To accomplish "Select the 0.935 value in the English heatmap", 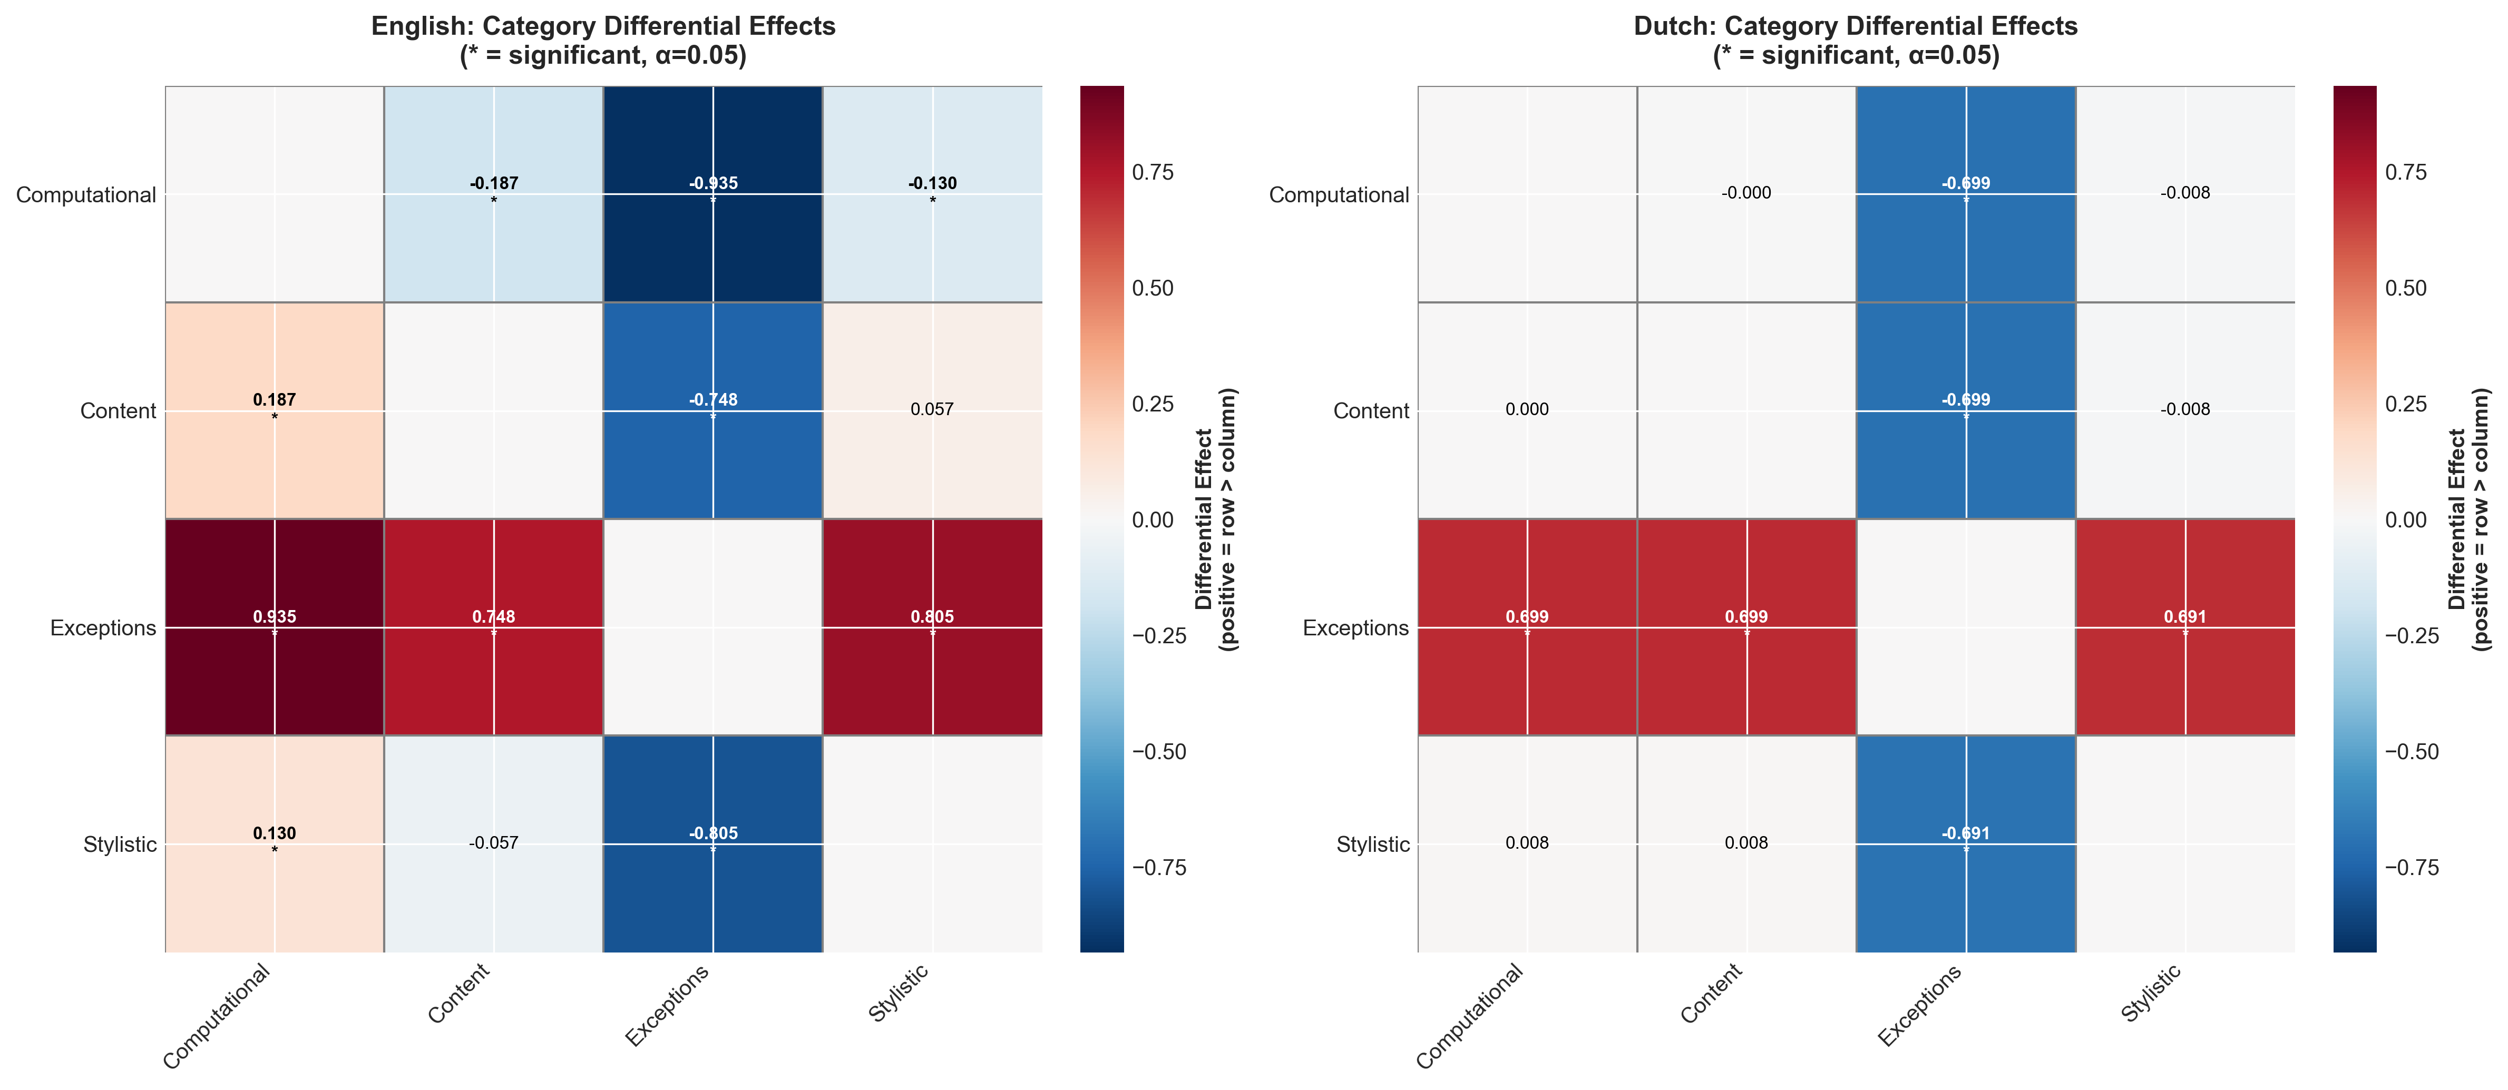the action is (x=275, y=617).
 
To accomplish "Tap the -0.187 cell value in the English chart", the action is (x=494, y=183).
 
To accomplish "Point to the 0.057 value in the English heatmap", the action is (x=932, y=409).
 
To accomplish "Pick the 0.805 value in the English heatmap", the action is (x=932, y=617).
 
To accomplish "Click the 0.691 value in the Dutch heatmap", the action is (x=2185, y=617).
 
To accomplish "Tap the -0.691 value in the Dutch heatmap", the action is (x=1966, y=833).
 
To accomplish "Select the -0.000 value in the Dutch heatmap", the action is (x=1746, y=193).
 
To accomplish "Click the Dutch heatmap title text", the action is (x=1856, y=40).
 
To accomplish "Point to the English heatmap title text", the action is (x=603, y=40).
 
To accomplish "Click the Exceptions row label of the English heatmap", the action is (x=103, y=628).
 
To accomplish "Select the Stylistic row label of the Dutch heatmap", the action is (x=1373, y=844).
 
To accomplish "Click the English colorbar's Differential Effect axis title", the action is (x=1216, y=519).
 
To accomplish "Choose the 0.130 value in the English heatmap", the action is (x=275, y=833).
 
